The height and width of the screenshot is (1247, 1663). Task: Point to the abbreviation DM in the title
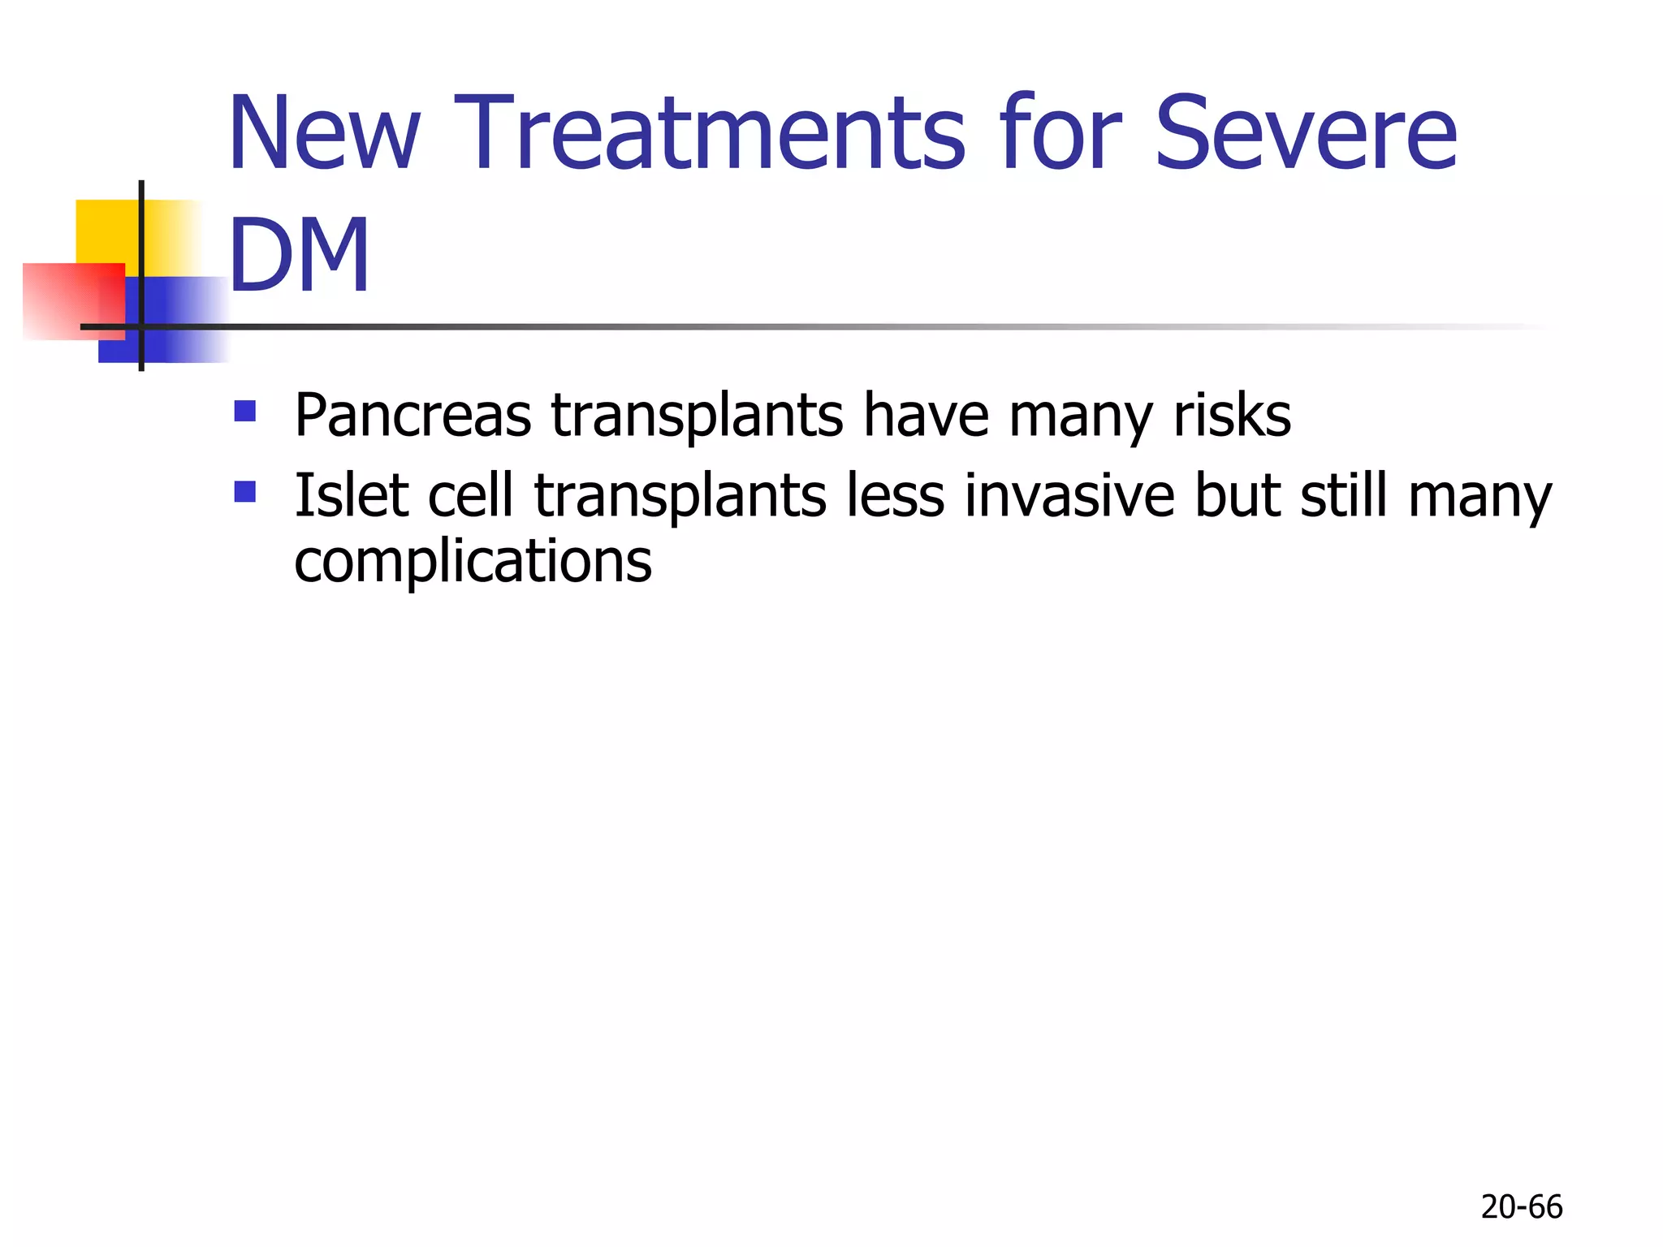(x=299, y=255)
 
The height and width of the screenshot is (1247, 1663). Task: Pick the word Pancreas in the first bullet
(x=413, y=416)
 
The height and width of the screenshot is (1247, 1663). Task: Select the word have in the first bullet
(x=926, y=416)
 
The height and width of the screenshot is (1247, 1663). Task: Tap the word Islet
(x=351, y=495)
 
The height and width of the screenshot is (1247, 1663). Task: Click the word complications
(x=473, y=562)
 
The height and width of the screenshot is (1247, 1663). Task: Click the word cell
(x=470, y=495)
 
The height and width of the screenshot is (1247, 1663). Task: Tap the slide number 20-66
(x=1521, y=1207)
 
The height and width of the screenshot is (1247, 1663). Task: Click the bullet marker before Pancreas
(x=244, y=411)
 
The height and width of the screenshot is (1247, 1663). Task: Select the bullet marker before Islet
(x=244, y=491)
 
